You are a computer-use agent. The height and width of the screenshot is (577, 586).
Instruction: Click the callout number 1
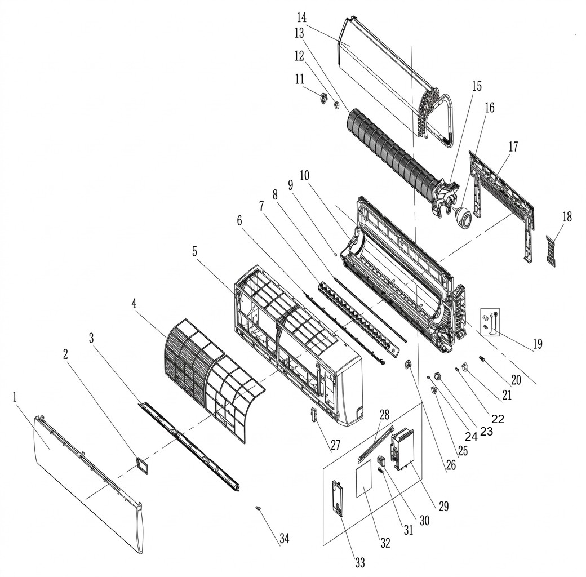(15, 397)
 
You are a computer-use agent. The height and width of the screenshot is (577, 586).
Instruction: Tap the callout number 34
(285, 539)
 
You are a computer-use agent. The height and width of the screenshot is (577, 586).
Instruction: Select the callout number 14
(301, 17)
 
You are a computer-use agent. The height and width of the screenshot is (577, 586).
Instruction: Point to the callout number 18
(567, 216)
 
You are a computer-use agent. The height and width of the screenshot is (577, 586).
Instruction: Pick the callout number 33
(360, 563)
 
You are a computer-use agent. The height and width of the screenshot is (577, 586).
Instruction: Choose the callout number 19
(538, 344)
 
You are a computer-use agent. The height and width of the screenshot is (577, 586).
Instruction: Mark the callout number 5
(195, 251)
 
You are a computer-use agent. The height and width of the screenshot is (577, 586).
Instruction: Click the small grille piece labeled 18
(551, 250)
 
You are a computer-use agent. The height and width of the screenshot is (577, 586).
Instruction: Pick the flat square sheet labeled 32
(363, 479)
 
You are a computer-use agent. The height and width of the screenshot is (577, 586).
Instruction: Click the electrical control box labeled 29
(403, 448)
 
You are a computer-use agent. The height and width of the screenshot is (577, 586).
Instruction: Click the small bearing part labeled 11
(323, 99)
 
